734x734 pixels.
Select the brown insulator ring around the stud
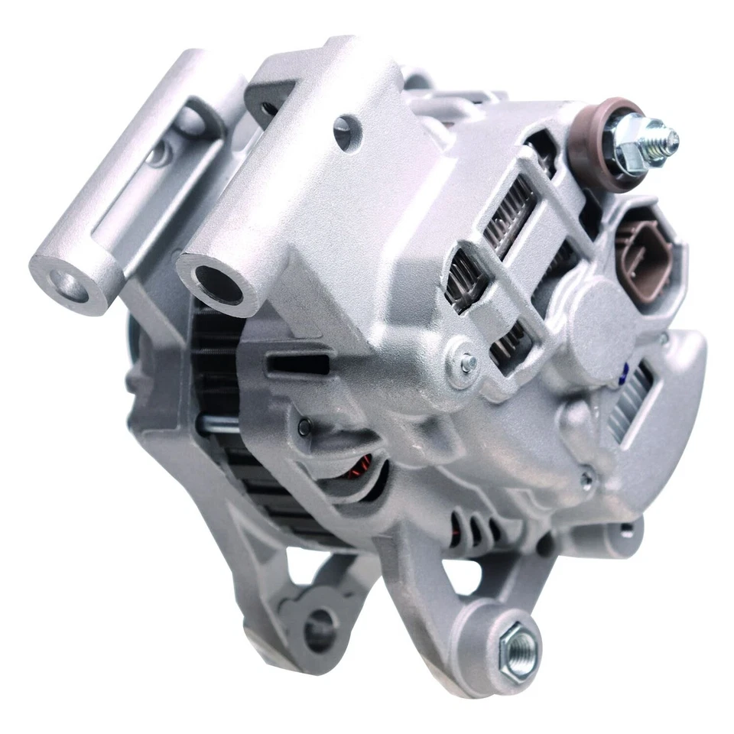(x=597, y=152)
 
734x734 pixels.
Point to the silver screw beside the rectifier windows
(x=463, y=364)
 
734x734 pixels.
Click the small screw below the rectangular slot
(x=304, y=427)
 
